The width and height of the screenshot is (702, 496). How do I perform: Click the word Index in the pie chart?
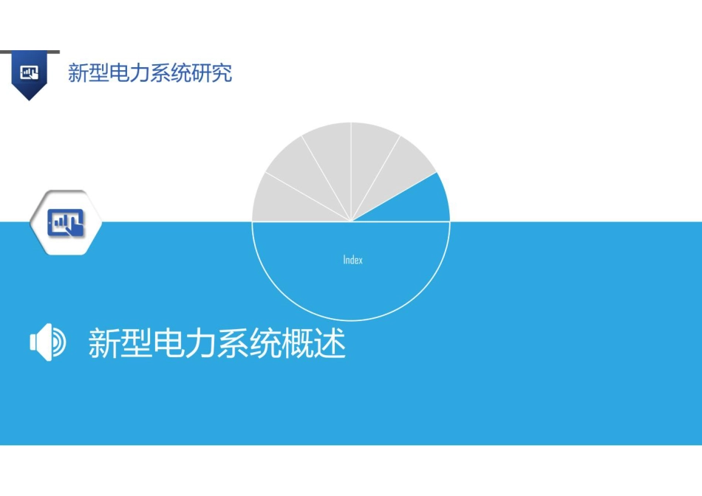pyautogui.click(x=352, y=260)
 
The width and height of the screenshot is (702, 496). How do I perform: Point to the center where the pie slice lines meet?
pyautogui.click(x=352, y=221)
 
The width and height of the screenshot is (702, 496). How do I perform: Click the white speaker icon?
pyautogui.click(x=47, y=342)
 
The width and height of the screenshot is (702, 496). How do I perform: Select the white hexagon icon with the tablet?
pyautogui.click(x=66, y=222)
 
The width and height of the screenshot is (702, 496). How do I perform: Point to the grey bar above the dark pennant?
pyautogui.click(x=30, y=52)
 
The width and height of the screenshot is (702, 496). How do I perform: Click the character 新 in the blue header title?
pyautogui.click(x=78, y=73)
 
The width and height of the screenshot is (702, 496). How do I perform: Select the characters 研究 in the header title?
pyautogui.click(x=212, y=73)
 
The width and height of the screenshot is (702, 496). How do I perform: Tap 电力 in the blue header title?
pyautogui.click(x=129, y=73)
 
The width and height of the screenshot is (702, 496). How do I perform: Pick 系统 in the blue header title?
pyautogui.click(x=171, y=73)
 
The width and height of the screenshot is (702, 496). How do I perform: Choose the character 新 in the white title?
pyautogui.click(x=104, y=343)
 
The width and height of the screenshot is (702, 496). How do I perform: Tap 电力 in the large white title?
pyautogui.click(x=185, y=343)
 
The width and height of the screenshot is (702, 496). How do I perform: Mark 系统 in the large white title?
pyautogui.click(x=249, y=343)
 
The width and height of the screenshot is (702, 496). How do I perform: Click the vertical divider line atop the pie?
pyautogui.click(x=351, y=172)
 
